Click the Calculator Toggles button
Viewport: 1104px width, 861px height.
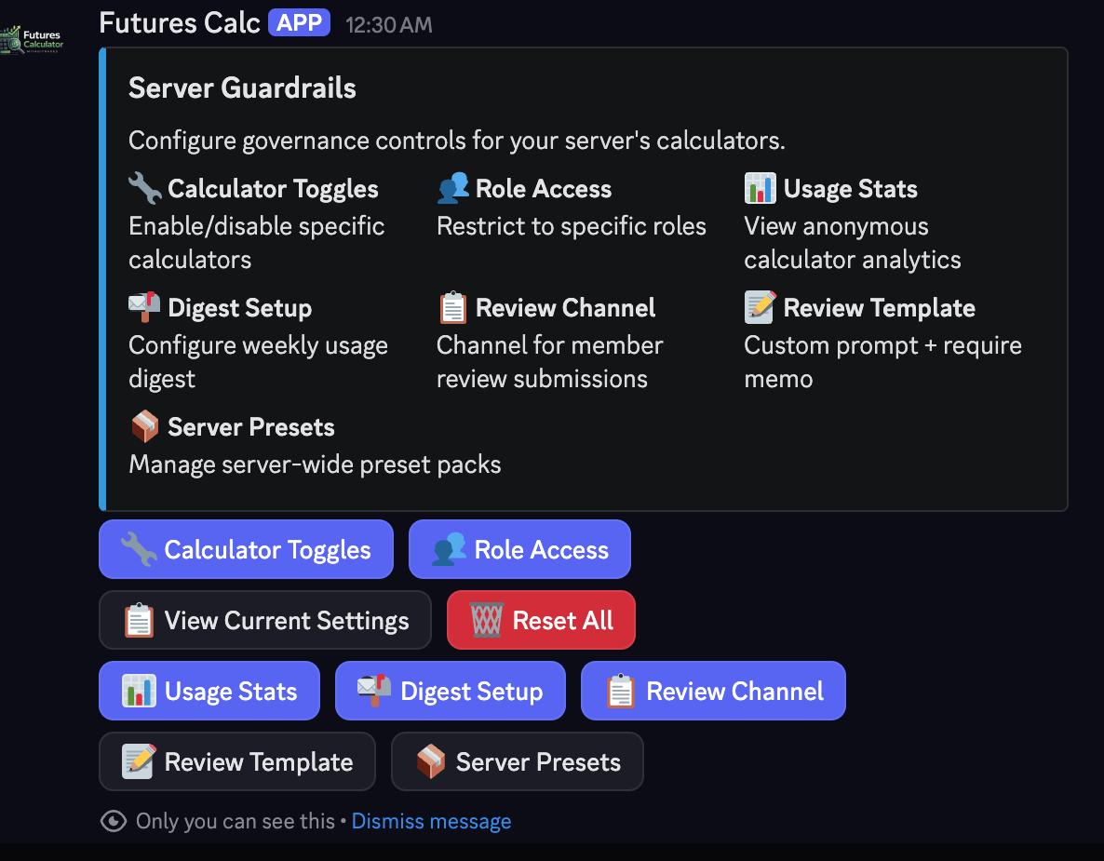click(246, 549)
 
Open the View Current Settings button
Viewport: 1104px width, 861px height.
click(264, 620)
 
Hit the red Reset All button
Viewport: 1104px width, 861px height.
click(541, 620)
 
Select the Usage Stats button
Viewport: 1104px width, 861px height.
click(209, 691)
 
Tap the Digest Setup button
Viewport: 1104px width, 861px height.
click(450, 691)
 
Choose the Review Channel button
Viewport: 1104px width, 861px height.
click(712, 691)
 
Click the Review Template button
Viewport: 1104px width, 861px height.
click(237, 761)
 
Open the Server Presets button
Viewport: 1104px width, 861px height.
click(517, 761)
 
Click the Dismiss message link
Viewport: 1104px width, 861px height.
click(431, 822)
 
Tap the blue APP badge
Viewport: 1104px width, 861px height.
click(299, 22)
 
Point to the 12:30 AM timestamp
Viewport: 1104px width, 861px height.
click(389, 25)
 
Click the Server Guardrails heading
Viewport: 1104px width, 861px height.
click(242, 88)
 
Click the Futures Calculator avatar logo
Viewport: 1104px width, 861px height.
click(32, 39)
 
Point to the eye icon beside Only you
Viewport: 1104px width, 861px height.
click(114, 821)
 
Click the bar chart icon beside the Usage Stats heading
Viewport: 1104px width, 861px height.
click(761, 188)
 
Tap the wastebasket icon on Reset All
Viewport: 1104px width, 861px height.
click(487, 620)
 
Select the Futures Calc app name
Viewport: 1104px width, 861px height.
click(180, 23)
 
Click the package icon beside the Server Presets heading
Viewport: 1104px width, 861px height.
click(145, 426)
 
